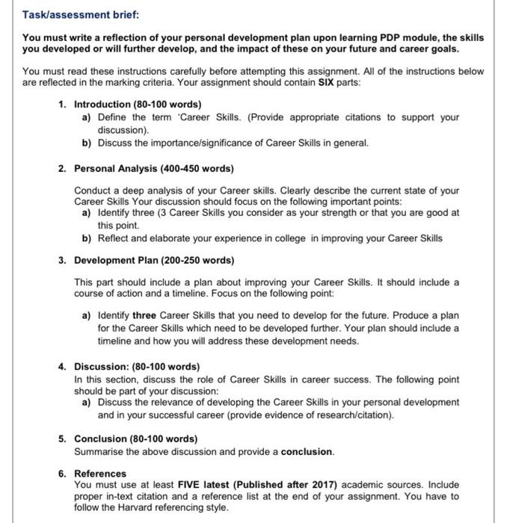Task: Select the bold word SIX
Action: point(324,82)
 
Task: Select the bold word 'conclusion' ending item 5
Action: point(307,452)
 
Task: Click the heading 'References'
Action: point(100,473)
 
